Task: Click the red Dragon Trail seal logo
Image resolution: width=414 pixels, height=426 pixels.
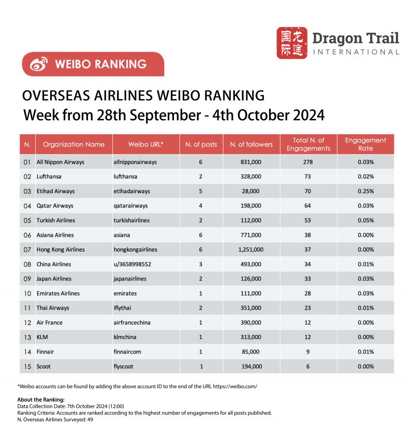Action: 292,43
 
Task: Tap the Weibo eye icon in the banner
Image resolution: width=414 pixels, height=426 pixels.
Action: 39,64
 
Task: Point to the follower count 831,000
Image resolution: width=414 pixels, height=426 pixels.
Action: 251,162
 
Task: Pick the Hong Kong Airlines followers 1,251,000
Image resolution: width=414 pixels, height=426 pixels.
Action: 251,249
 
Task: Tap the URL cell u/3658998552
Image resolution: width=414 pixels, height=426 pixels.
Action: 133,264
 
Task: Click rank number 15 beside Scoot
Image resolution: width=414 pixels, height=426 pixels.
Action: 27,366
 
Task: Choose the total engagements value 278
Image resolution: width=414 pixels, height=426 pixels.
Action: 308,162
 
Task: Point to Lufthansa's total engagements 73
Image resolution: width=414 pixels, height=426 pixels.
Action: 308,177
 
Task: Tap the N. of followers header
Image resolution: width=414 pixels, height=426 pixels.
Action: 251,144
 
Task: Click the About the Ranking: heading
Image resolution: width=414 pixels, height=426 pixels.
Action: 40,400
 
